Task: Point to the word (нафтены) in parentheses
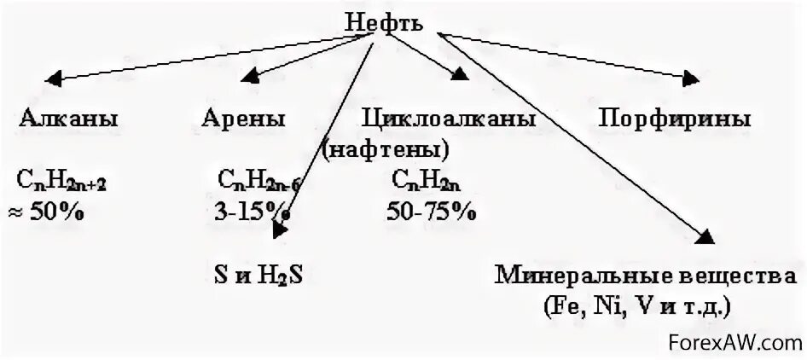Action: [x=386, y=149]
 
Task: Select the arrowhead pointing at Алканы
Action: [x=54, y=81]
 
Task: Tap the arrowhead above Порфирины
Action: [x=689, y=78]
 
